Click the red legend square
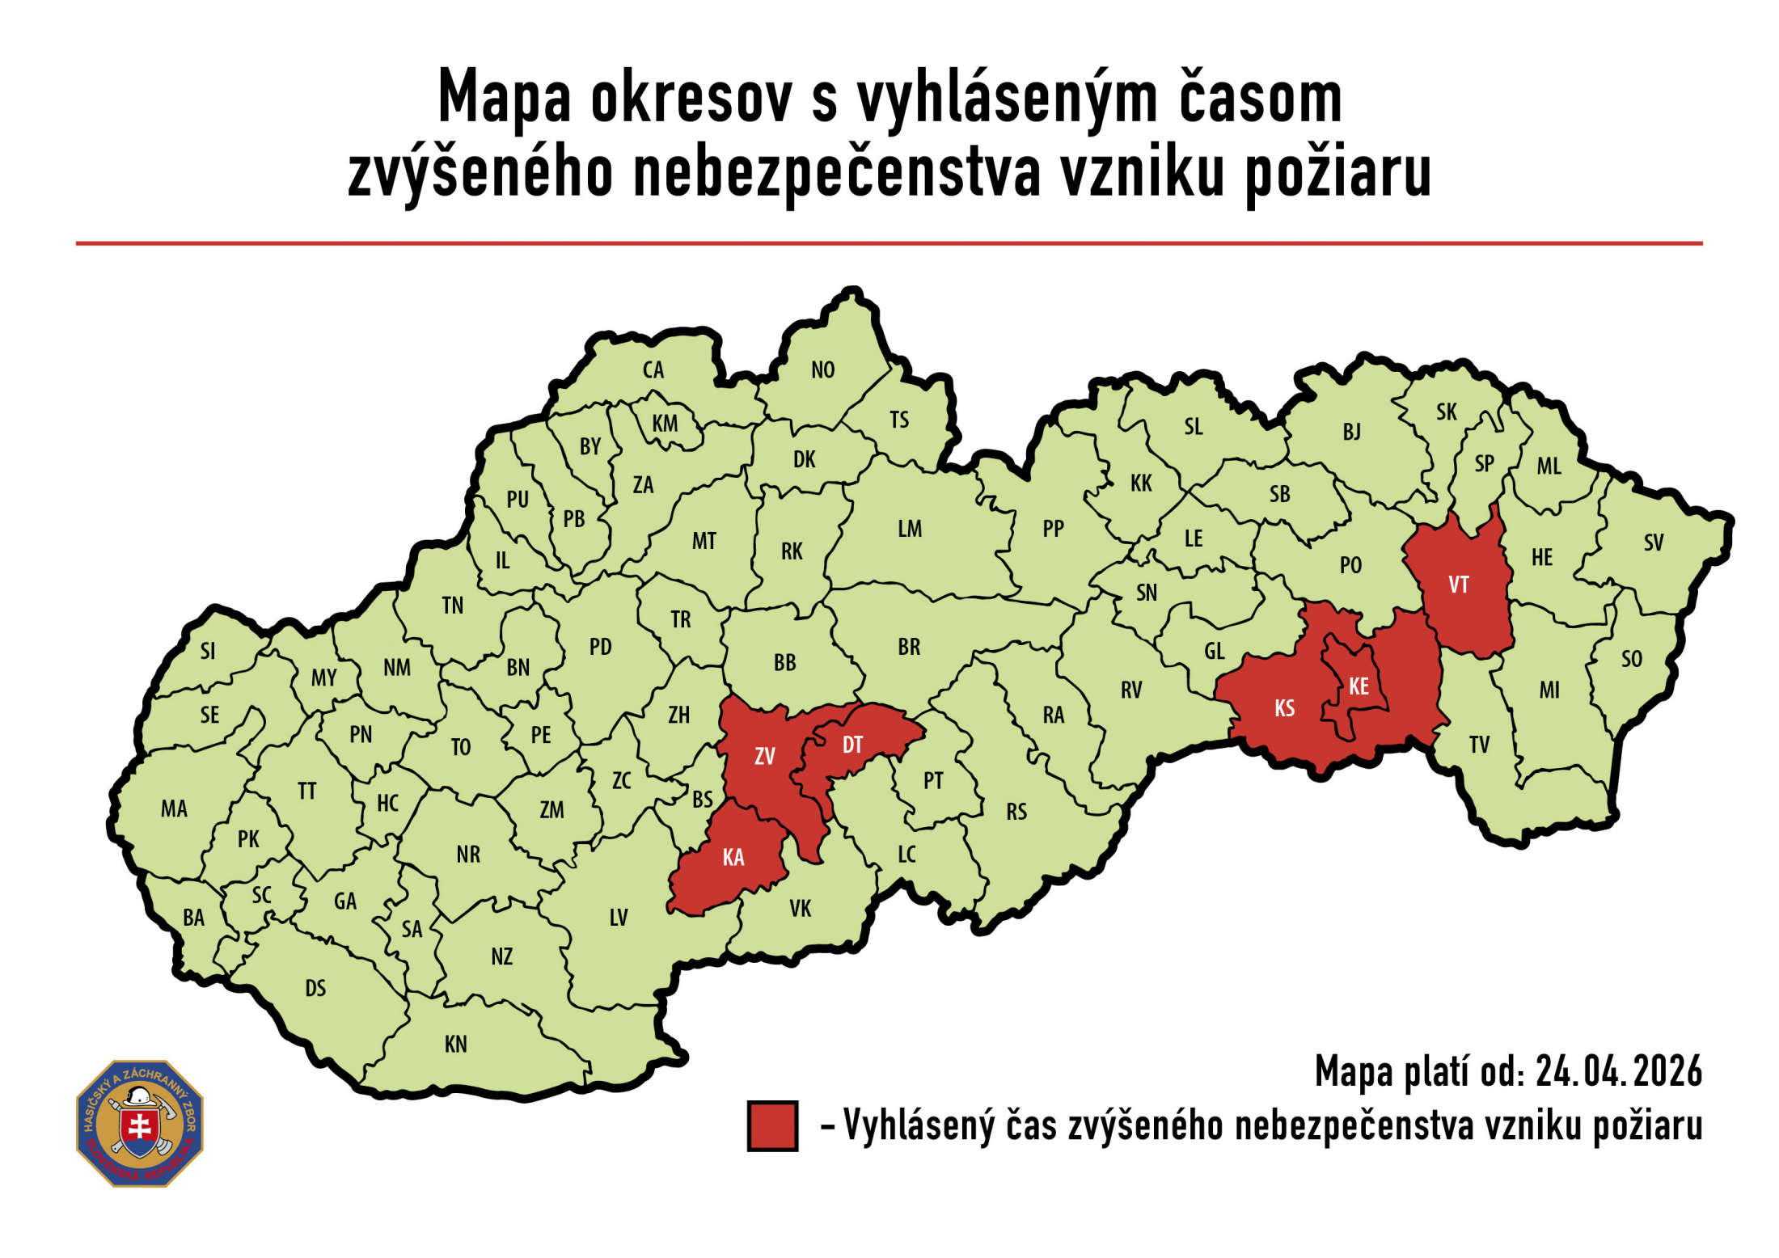pyautogui.click(x=771, y=1125)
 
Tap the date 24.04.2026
pyautogui.click(x=1618, y=1071)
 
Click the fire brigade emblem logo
pyautogui.click(x=140, y=1123)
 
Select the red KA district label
pyautogui.click(x=733, y=857)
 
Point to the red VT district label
pyautogui.click(x=1459, y=585)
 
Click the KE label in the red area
pyautogui.click(x=1359, y=686)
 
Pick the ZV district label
pyautogui.click(x=764, y=756)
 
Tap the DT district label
pyautogui.click(x=852, y=745)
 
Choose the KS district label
pyautogui.click(x=1284, y=708)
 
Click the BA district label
pyautogui.click(x=193, y=918)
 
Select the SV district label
pyautogui.click(x=1653, y=542)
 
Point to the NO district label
pyautogui.click(x=822, y=369)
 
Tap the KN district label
pyautogui.click(x=455, y=1044)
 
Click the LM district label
pyautogui.click(x=910, y=529)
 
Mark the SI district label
pyautogui.click(x=208, y=651)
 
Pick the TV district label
pyautogui.click(x=1479, y=745)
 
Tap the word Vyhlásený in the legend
pyautogui.click(x=919, y=1125)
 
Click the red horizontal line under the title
pyautogui.click(x=889, y=243)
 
